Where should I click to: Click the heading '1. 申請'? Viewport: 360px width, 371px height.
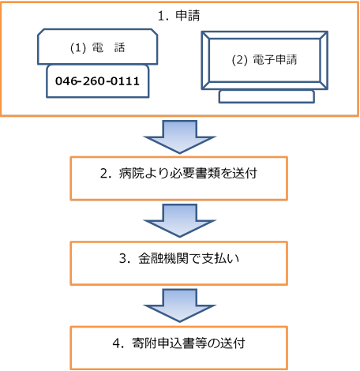click(x=179, y=16)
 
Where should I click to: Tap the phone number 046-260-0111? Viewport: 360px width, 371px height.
click(x=97, y=81)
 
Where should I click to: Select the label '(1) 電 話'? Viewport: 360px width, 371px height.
click(x=97, y=48)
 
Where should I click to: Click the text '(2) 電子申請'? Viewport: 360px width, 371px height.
click(x=264, y=60)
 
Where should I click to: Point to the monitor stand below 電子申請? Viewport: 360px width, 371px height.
click(x=267, y=96)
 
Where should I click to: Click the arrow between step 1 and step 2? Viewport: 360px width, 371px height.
click(x=179, y=137)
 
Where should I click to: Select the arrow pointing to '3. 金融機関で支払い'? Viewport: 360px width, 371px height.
click(x=179, y=220)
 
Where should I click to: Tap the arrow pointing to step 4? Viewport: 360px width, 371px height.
click(x=179, y=305)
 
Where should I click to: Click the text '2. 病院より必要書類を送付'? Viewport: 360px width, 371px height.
click(x=178, y=174)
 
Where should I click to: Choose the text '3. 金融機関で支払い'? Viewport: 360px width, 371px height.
click(x=179, y=258)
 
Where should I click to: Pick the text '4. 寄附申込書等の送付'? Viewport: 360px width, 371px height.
click(x=179, y=343)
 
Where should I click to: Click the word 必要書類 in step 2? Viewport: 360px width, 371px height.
click(x=195, y=174)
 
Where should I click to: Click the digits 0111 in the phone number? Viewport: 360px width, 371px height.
click(x=125, y=81)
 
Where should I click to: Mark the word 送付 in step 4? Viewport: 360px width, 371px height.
click(x=233, y=343)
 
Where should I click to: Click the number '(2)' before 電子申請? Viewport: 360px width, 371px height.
click(x=239, y=60)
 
